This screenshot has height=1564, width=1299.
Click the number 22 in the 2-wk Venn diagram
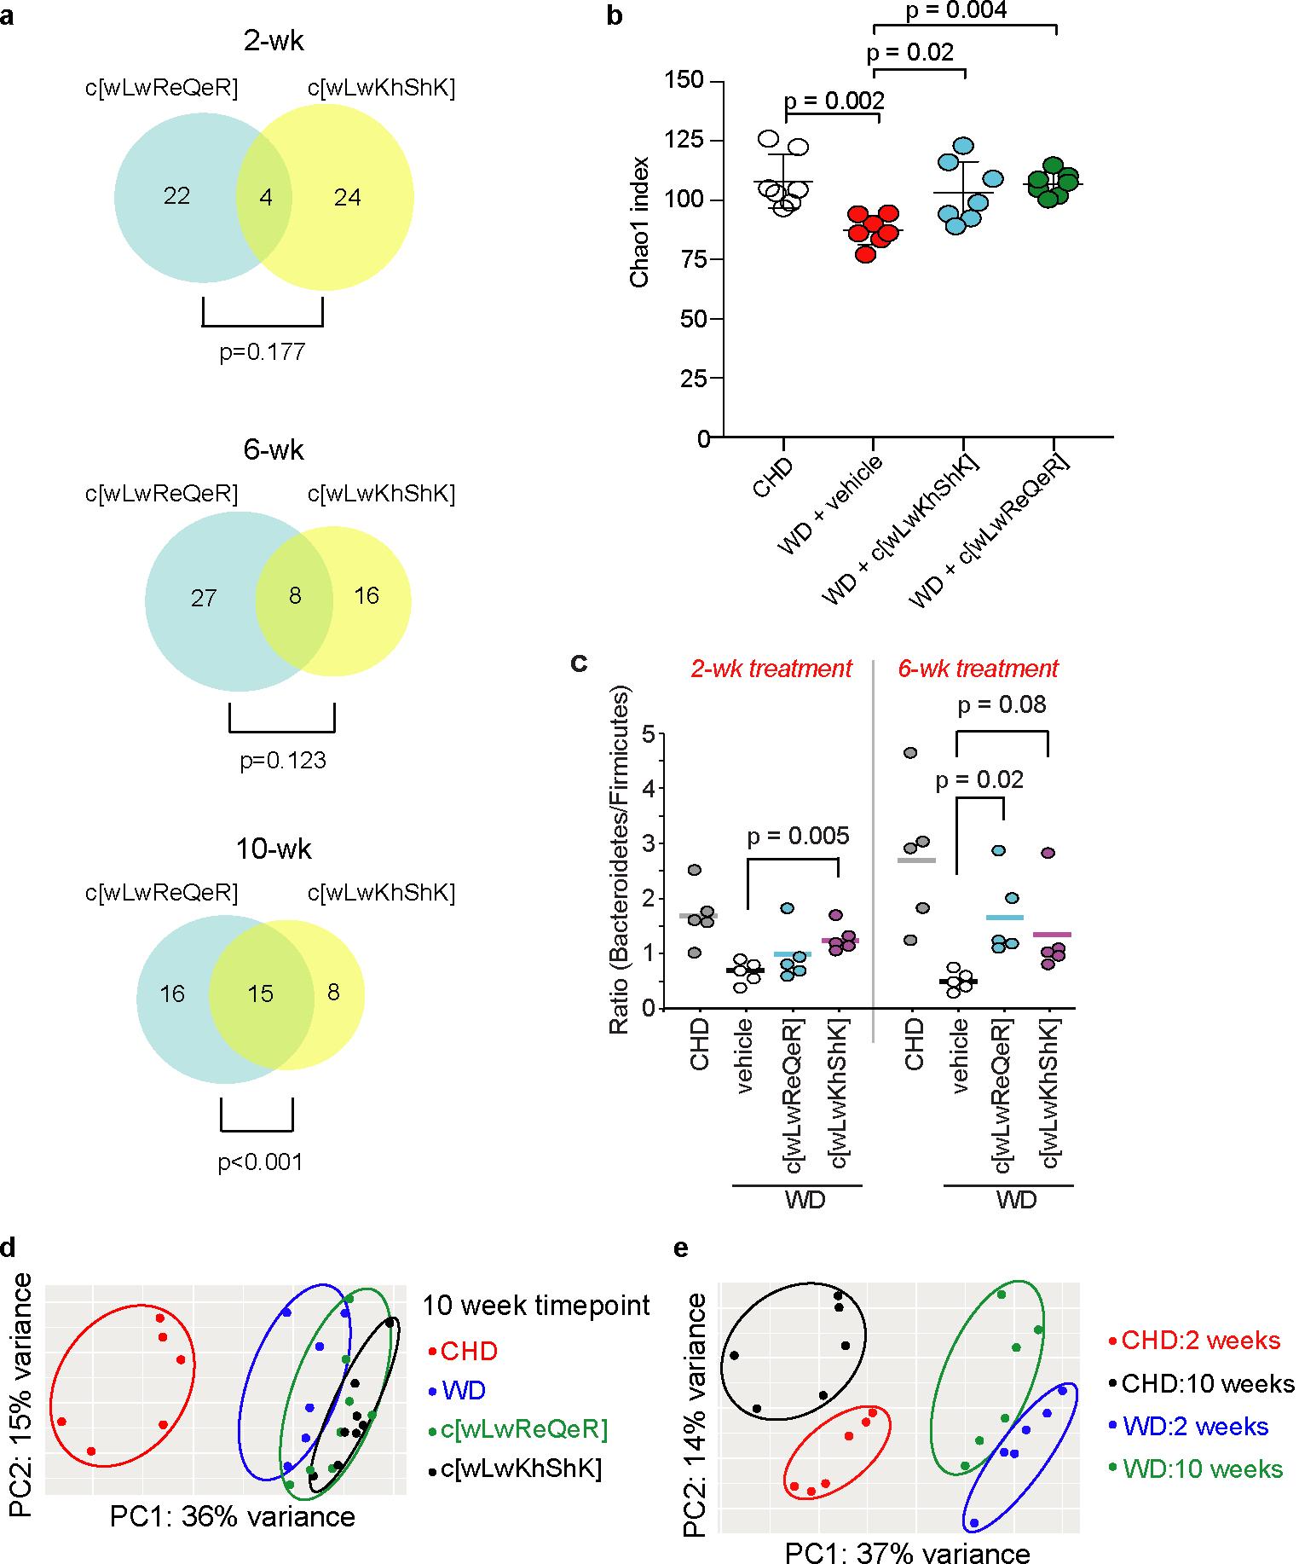176,197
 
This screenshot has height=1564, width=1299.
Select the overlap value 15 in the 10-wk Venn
260,993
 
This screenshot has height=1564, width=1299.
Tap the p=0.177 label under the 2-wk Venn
262,352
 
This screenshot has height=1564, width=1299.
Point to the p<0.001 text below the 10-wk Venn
261,1161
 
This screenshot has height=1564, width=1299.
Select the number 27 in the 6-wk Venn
204,598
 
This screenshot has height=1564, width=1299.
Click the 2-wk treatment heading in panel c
771,669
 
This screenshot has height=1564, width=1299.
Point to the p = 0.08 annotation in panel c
1002,705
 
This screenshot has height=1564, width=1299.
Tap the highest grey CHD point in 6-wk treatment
911,753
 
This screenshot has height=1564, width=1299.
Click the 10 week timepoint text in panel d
536,1306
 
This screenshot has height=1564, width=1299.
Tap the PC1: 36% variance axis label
232,1517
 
